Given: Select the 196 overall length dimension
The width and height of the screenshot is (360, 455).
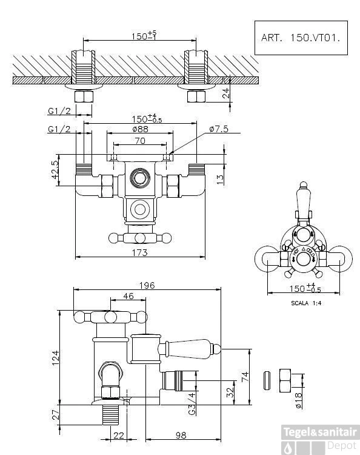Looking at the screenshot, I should tap(147, 285).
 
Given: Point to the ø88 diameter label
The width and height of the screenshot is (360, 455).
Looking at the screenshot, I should tap(141, 129).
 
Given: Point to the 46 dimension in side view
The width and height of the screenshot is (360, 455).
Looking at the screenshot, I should tap(128, 296).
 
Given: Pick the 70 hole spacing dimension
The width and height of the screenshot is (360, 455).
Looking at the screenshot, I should tap(140, 141).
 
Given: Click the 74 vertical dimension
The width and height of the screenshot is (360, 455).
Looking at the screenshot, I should tap(244, 376).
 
